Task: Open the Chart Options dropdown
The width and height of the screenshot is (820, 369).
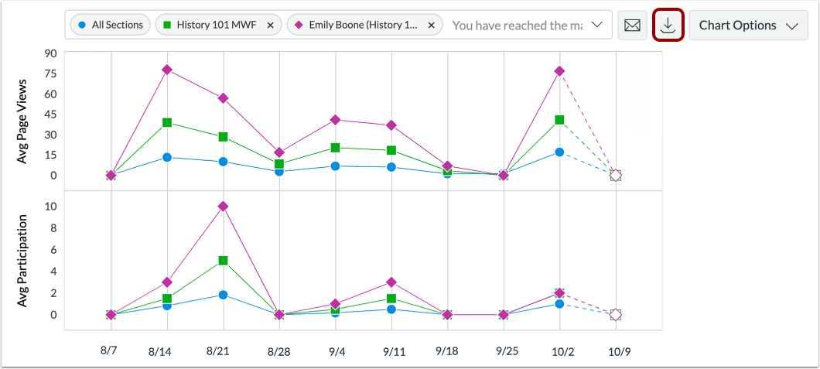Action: click(747, 26)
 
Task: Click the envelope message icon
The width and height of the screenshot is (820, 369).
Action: click(632, 26)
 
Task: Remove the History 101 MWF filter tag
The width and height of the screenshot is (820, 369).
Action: click(270, 26)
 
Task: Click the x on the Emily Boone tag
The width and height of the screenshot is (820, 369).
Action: click(431, 26)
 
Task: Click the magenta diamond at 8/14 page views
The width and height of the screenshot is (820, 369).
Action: click(166, 70)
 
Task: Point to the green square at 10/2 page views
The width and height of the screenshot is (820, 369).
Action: click(559, 120)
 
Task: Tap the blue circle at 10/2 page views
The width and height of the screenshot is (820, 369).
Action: click(559, 152)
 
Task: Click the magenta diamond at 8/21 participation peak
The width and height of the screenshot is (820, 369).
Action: click(223, 207)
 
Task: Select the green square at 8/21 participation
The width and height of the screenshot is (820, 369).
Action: click(223, 261)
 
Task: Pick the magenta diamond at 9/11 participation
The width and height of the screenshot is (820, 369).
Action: click(391, 282)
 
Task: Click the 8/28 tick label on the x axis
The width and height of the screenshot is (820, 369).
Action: click(278, 351)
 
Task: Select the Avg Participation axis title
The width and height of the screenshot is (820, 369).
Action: click(22, 261)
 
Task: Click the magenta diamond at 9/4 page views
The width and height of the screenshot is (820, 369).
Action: click(335, 120)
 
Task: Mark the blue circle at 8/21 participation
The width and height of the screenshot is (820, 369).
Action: click(223, 295)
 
